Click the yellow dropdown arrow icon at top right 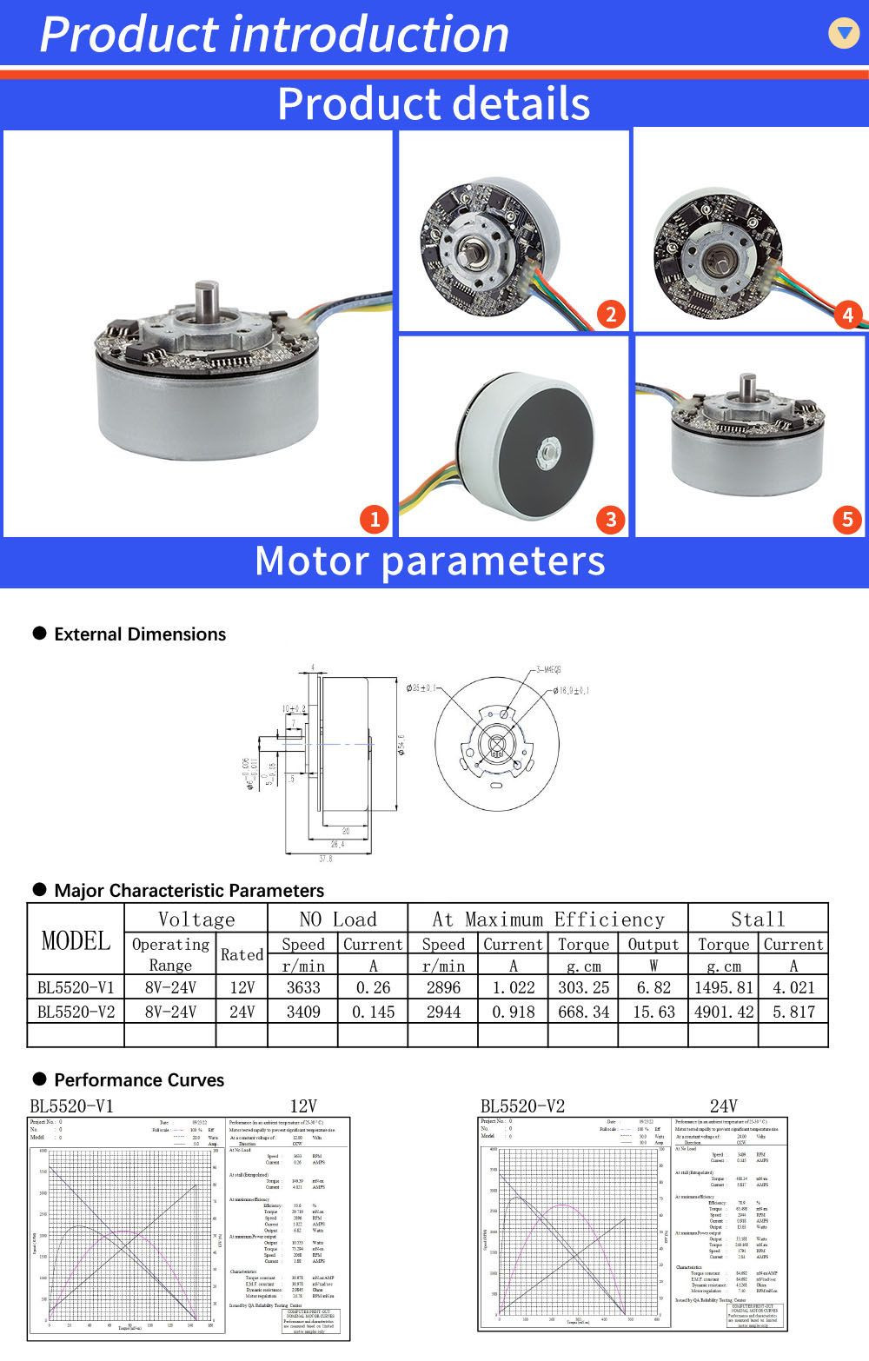point(843,32)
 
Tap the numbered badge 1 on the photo point(375,520)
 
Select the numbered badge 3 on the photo point(611,520)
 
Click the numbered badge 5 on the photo point(847,520)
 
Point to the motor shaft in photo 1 point(209,303)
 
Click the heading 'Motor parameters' point(430,561)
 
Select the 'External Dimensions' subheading point(139,634)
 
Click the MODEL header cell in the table point(76,940)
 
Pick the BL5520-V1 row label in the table point(76,988)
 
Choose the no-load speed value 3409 point(302,1012)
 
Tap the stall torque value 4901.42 point(723,1012)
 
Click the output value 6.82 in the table point(653,988)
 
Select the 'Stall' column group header point(758,920)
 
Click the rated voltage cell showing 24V point(242,1012)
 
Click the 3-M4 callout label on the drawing point(547,670)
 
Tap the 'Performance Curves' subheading point(139,1080)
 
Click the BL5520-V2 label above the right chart point(522,1105)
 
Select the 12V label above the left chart point(302,1105)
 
